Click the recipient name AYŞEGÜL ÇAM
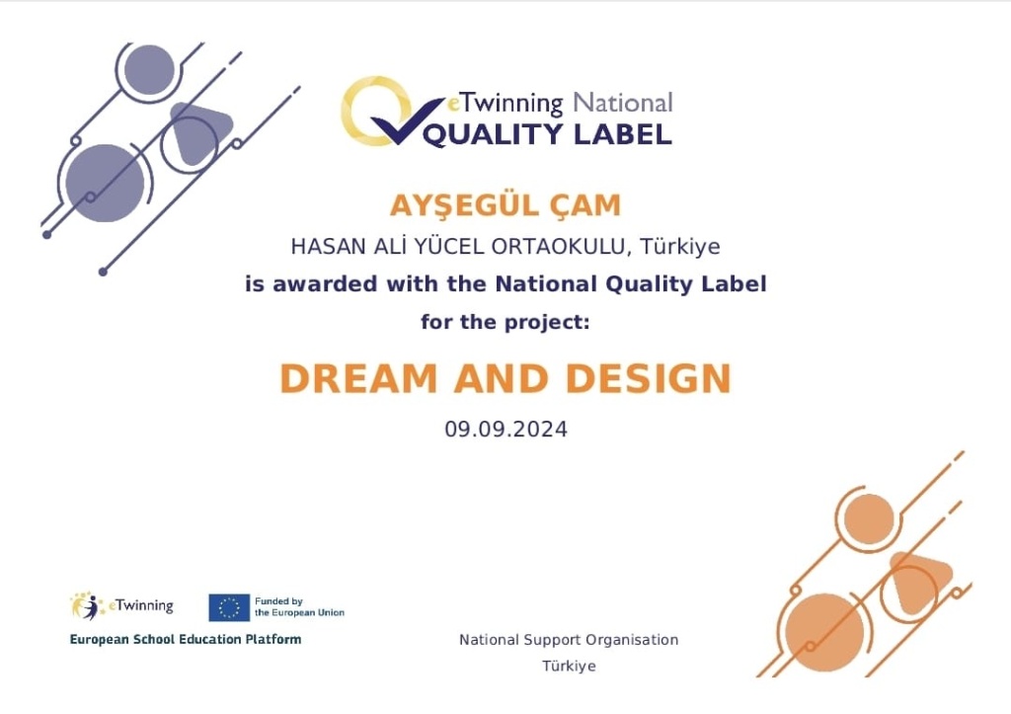pos(505,206)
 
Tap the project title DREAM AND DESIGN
pos(505,378)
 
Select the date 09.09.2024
pos(505,430)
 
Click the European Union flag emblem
pos(229,607)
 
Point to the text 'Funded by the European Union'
pos(299,607)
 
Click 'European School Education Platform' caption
pos(186,639)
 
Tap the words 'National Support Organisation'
pos(569,640)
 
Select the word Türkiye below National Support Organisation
pos(569,667)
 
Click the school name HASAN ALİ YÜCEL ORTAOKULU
pos(458,246)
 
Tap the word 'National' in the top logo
pos(623,103)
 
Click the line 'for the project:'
pos(505,322)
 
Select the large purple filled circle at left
pos(105,183)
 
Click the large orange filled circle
pos(824,633)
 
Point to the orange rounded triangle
pos(919,582)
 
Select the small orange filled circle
pos(869,519)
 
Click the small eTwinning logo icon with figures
pos(87,605)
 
